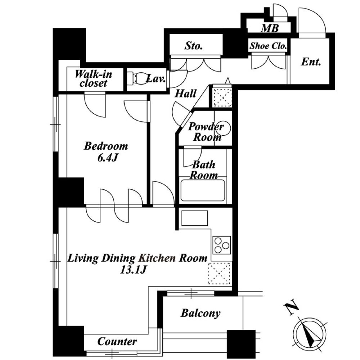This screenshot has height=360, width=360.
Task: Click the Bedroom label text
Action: click(x=106, y=146)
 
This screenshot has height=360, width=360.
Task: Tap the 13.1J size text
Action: click(x=133, y=270)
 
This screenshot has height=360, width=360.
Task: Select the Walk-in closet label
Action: click(x=94, y=79)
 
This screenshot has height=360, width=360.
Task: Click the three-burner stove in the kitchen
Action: click(x=221, y=245)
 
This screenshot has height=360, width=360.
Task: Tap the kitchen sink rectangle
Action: click(x=195, y=218)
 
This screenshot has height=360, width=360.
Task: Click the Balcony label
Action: click(x=201, y=313)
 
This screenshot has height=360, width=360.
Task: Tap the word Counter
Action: click(x=117, y=341)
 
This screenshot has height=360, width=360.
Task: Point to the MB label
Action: click(x=270, y=28)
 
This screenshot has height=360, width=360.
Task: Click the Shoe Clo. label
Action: click(x=268, y=46)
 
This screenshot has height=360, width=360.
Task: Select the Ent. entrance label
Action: click(x=311, y=62)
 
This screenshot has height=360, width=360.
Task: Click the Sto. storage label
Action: click(x=194, y=46)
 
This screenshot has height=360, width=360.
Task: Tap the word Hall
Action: click(x=185, y=94)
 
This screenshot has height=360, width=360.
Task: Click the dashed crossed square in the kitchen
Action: click(x=219, y=274)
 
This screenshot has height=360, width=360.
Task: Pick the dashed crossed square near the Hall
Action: click(x=222, y=97)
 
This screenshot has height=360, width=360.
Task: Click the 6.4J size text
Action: click(x=108, y=158)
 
